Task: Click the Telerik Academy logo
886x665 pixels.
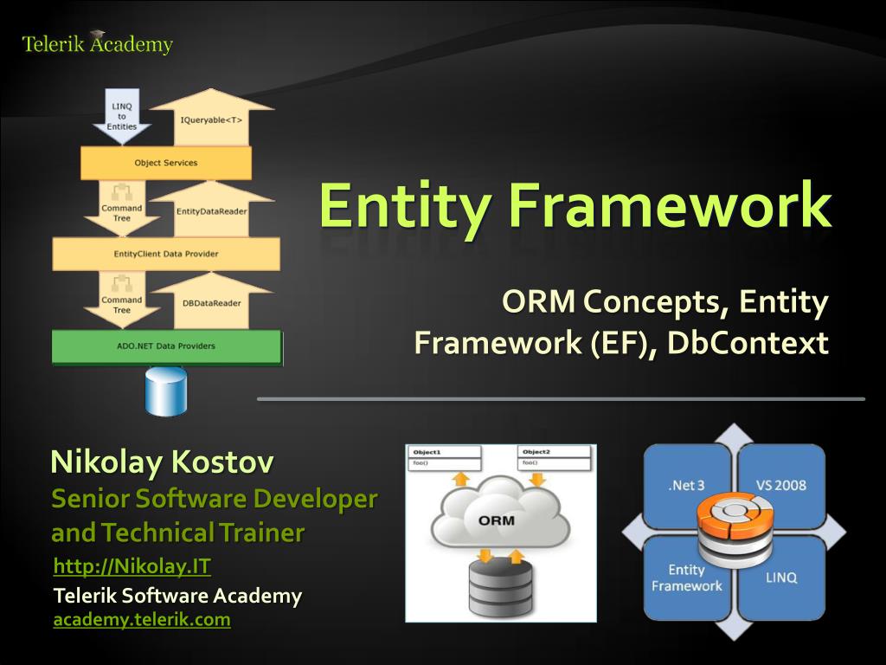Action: tap(97, 43)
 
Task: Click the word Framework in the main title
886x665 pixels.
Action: tap(670, 205)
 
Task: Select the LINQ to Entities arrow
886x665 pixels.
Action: tap(122, 116)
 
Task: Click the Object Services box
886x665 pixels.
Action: tap(166, 163)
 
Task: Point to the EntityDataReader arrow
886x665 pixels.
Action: tap(212, 210)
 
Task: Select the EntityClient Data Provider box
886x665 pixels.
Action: tap(166, 254)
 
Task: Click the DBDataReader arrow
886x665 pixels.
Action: tap(212, 302)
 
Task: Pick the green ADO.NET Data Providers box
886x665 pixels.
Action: tap(166, 346)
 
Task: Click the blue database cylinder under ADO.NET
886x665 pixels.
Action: tap(166, 391)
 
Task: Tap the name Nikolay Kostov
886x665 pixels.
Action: tap(162, 462)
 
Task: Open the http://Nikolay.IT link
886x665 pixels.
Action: tap(132, 567)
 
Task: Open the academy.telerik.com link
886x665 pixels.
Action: tap(142, 620)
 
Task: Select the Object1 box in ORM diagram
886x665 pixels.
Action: tap(445, 457)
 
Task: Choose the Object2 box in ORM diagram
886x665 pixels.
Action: tap(555, 457)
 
